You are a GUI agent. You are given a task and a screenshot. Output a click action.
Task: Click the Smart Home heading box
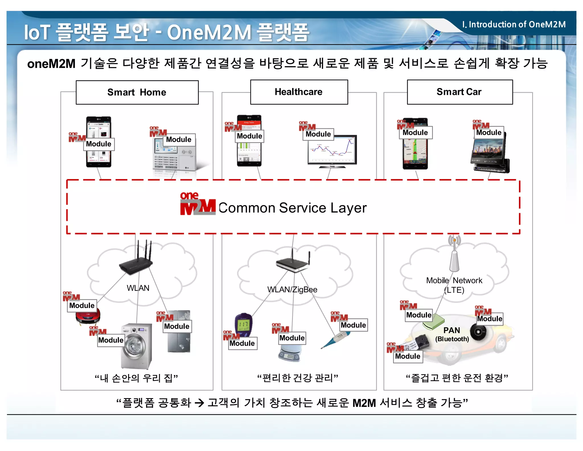(137, 92)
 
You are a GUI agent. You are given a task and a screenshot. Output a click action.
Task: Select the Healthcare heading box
(299, 92)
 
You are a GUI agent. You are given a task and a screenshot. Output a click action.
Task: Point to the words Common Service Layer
(292, 208)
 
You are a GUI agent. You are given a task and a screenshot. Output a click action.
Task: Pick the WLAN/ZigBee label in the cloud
(292, 290)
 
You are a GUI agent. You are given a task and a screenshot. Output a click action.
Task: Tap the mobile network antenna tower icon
(454, 255)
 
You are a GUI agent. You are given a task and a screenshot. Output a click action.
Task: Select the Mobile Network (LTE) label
(454, 285)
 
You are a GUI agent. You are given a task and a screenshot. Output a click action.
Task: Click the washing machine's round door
(132, 346)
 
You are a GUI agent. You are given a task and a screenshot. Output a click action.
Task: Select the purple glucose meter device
(243, 325)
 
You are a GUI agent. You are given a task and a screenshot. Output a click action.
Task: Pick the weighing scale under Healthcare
(290, 353)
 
